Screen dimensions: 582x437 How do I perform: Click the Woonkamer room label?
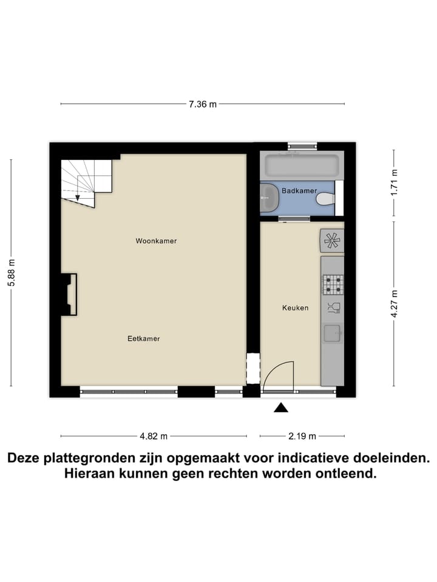(156, 241)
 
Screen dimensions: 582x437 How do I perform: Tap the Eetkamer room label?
(144, 338)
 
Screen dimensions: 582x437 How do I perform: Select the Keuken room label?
(295, 307)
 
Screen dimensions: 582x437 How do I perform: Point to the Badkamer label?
(299, 190)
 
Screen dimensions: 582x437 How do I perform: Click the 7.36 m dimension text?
(202, 104)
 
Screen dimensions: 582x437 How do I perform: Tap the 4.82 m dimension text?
(154, 435)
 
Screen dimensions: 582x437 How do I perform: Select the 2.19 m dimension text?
(302, 435)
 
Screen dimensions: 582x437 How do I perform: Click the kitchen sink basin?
(332, 333)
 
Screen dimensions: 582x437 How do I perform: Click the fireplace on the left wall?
(69, 294)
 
